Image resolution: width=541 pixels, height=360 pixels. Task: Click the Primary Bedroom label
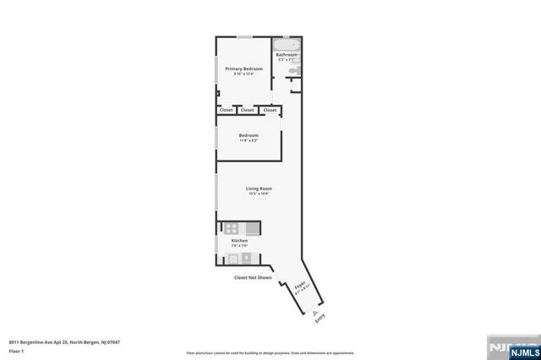243,68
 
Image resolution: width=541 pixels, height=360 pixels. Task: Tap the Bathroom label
287,55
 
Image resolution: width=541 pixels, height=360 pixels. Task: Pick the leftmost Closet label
227,110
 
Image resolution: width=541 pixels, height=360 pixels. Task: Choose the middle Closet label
248,110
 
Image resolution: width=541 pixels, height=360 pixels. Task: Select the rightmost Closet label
270,110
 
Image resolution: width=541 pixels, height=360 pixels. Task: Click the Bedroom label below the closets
249,135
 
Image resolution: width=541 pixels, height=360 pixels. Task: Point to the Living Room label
259,188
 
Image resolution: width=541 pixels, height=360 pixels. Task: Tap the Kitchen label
239,241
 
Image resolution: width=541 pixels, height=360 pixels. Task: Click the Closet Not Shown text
253,277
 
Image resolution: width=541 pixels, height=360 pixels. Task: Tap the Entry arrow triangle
316,311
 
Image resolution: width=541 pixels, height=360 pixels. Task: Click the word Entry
320,319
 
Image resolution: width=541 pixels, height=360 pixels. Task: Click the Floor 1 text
16,349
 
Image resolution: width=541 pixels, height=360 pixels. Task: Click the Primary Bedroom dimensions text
243,74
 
